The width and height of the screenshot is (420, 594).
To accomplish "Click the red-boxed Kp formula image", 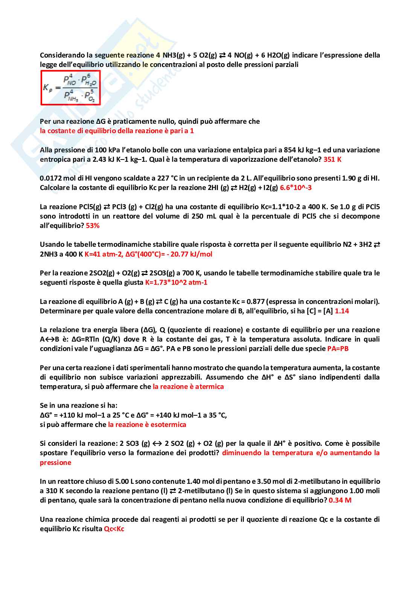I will pyautogui.click(x=70, y=88).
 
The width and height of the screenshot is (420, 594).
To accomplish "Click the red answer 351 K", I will pyautogui.click(x=332, y=159).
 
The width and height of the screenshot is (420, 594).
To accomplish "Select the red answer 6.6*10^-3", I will pyautogui.click(x=296, y=188).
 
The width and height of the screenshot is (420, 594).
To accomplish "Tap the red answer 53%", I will pyautogui.click(x=93, y=226).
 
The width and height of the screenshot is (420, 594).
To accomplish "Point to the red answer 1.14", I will pyautogui.click(x=342, y=311).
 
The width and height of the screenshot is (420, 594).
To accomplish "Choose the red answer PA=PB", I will pyautogui.click(x=338, y=349).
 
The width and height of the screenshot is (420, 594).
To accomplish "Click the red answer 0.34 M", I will pyautogui.click(x=340, y=500).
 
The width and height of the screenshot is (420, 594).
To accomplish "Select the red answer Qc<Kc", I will pyautogui.click(x=114, y=529).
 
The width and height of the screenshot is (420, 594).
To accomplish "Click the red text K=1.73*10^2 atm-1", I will pyautogui.click(x=176, y=283).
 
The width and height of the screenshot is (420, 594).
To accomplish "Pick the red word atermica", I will pyautogui.click(x=209, y=387).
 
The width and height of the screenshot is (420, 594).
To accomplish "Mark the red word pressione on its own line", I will pyautogui.click(x=55, y=463).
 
